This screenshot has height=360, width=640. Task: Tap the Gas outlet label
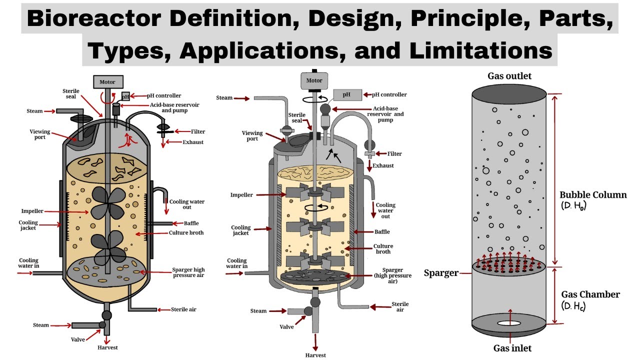tap(509, 76)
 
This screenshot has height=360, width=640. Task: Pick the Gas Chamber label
tap(590, 294)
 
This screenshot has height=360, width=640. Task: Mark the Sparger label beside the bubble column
tap(441, 273)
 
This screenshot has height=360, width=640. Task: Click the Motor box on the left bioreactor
tap(107, 82)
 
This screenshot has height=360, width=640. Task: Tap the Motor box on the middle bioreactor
tap(314, 80)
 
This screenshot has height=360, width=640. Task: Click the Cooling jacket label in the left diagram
tap(28, 226)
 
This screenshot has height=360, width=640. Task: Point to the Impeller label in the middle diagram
tap(241, 194)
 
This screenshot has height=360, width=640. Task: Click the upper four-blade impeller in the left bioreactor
tap(107, 203)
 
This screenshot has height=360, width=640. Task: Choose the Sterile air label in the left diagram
tap(183, 309)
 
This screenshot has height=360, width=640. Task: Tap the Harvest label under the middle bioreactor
tap(316, 355)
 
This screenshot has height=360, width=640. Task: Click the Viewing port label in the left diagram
tap(40, 134)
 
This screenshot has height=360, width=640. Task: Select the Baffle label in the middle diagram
tap(381, 231)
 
